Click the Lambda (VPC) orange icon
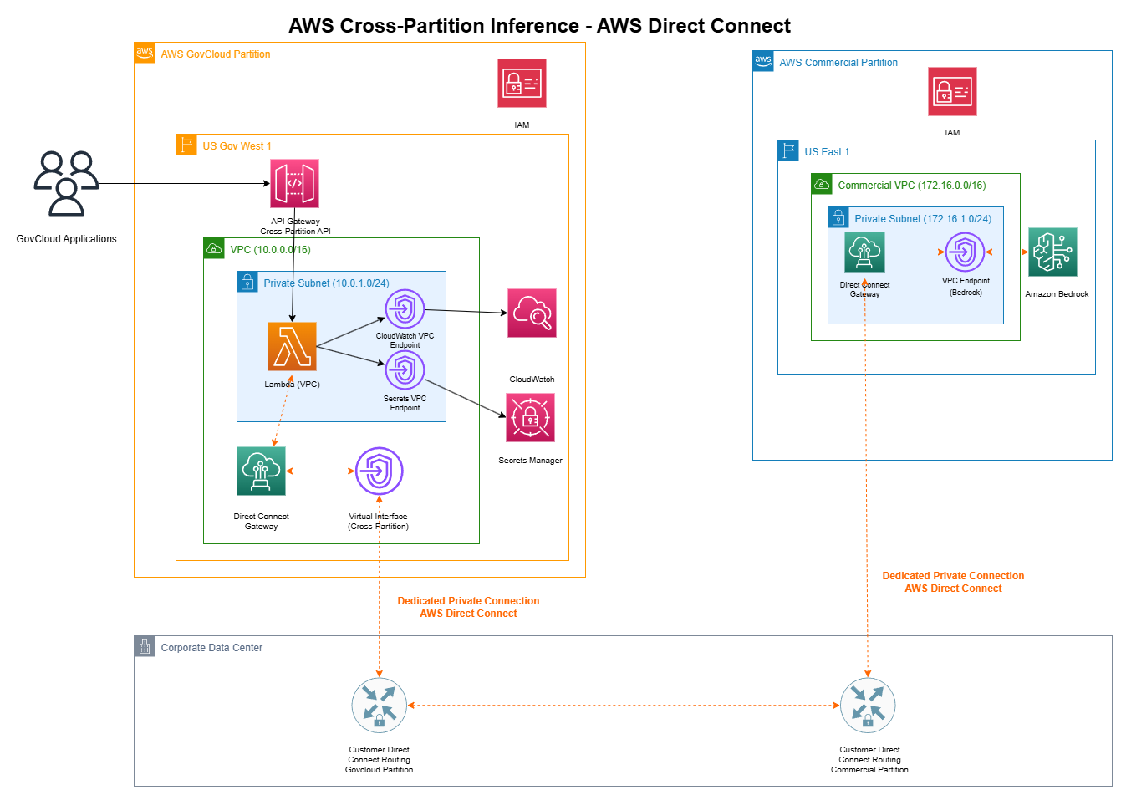coord(292,346)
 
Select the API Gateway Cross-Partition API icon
coord(294,183)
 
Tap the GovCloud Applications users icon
coord(66,183)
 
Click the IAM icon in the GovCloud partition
coord(522,83)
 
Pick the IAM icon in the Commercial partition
coord(952,91)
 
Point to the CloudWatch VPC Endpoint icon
coord(405,309)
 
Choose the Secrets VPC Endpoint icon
coord(405,369)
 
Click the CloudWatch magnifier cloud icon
coord(532,313)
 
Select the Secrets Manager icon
coord(530,417)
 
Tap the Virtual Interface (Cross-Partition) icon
coord(379,471)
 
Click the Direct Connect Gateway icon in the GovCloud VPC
coord(261,471)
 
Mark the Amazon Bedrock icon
coord(1052,252)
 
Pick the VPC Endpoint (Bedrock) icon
coord(965,252)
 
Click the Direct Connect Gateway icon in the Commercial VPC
coord(864,252)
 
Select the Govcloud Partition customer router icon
coord(379,706)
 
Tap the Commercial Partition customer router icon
coord(867,706)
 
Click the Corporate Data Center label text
coord(211,648)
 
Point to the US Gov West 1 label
coord(237,146)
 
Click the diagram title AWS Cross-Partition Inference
coord(539,26)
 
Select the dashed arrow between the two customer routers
coord(623,706)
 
